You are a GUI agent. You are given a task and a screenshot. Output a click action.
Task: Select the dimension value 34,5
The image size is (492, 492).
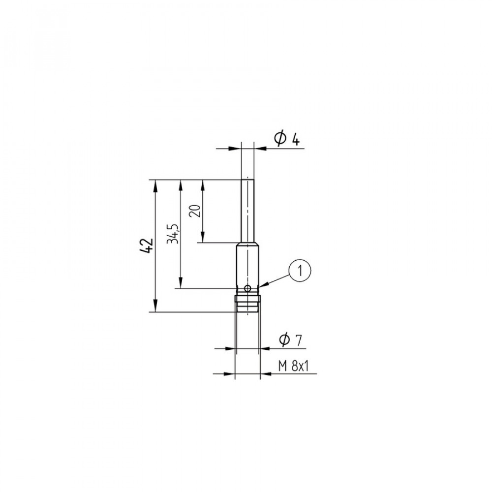173,234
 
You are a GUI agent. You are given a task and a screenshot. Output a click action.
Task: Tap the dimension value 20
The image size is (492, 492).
195,211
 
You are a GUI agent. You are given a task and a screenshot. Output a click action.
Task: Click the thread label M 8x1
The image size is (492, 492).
293,366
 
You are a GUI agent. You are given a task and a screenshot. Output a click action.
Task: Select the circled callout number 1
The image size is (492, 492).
300,271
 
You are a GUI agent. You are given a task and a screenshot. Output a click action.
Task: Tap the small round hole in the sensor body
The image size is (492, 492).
248,288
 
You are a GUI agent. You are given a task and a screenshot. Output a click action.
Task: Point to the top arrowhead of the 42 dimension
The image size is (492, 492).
155,186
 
